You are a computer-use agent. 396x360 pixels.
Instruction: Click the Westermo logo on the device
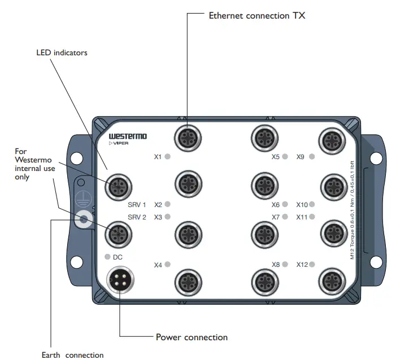128,137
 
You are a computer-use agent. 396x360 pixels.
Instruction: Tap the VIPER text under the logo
120,144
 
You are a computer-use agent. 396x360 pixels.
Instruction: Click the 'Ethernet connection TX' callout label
256,16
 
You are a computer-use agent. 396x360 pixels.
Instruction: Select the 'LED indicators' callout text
62,53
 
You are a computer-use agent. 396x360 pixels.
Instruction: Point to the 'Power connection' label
192,337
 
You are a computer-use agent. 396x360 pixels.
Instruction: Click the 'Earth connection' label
72,355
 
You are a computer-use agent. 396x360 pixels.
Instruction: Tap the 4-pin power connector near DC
120,281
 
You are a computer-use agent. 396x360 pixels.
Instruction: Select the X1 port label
158,156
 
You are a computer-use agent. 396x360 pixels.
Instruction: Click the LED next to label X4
168,265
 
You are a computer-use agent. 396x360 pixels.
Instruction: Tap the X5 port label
276,156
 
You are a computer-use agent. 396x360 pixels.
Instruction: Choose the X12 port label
302,265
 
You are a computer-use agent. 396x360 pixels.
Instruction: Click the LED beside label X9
312,156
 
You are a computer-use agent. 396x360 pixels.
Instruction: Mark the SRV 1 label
137,204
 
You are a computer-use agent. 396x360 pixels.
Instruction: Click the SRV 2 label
137,217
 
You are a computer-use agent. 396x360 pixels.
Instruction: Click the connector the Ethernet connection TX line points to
187,137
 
